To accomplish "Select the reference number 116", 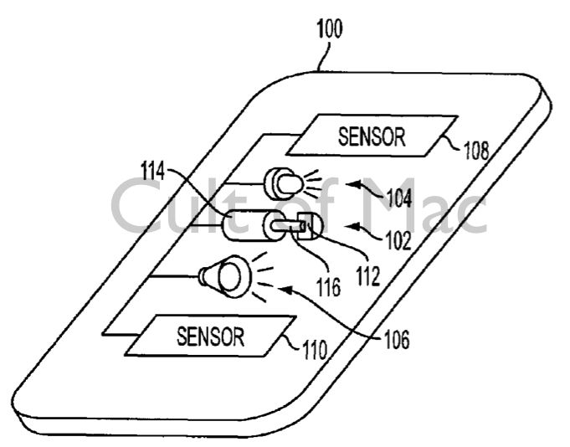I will [328, 287].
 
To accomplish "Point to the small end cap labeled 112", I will [306, 225].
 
